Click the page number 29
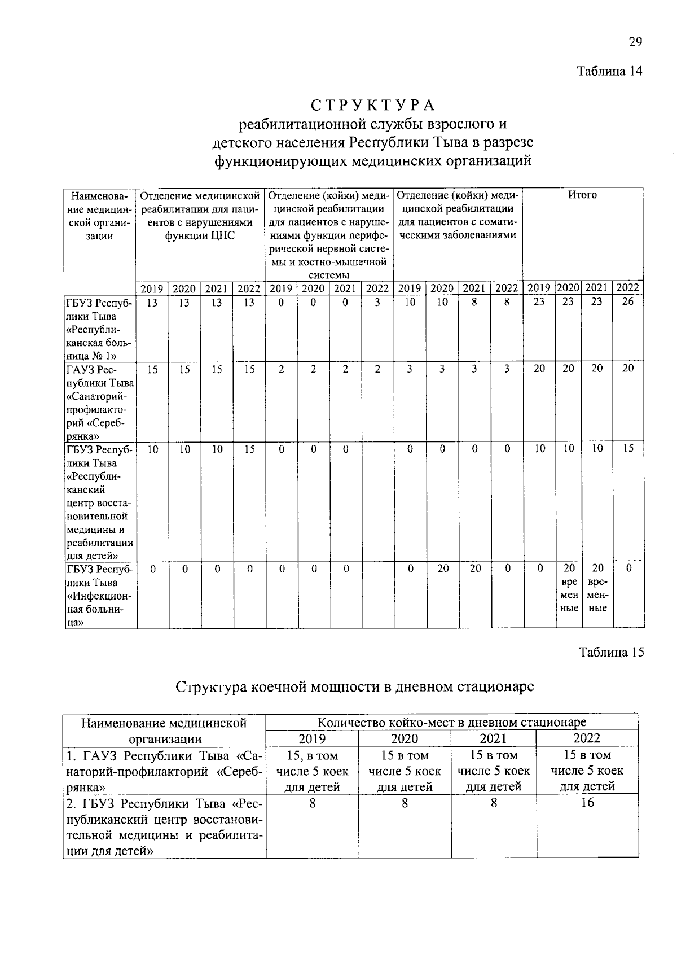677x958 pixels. tap(635, 42)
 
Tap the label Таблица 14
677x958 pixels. tap(609, 71)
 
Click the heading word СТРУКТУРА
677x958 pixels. tap(373, 106)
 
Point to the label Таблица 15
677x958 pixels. tap(612, 652)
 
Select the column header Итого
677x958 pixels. tap(582, 195)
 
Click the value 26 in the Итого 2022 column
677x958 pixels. tap(628, 301)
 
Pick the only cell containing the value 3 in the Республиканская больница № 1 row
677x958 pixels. tap(377, 302)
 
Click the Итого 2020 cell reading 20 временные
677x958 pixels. tap(569, 588)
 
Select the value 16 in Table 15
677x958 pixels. tap(587, 802)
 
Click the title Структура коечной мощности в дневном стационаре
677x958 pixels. tap(355, 687)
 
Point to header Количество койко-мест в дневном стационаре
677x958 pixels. tap(451, 722)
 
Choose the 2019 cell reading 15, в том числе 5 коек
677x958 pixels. tap(312, 771)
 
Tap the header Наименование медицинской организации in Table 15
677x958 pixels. tap(164, 730)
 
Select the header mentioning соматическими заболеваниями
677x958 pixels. tap(458, 215)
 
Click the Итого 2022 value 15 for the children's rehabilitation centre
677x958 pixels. tap(628, 449)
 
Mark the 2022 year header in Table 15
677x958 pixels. tap(587, 738)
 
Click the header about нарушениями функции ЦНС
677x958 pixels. tap(200, 215)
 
